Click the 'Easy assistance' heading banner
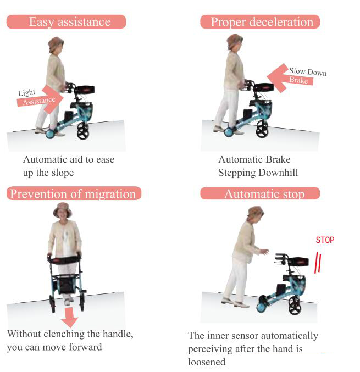point(66,22)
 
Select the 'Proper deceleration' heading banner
point(260,22)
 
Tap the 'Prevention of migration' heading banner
point(74,193)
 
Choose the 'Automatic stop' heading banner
point(260,193)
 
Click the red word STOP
point(325,240)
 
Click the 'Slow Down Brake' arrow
point(290,78)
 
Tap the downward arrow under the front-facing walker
point(70,317)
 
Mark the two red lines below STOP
point(318,263)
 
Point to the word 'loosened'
point(207,362)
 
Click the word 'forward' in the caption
point(85,347)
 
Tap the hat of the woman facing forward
point(63,210)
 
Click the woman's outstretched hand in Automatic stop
point(264,252)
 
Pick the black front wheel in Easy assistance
point(83,130)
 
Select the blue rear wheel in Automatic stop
point(262,306)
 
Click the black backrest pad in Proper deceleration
point(264,87)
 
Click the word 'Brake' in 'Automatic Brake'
point(278,159)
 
